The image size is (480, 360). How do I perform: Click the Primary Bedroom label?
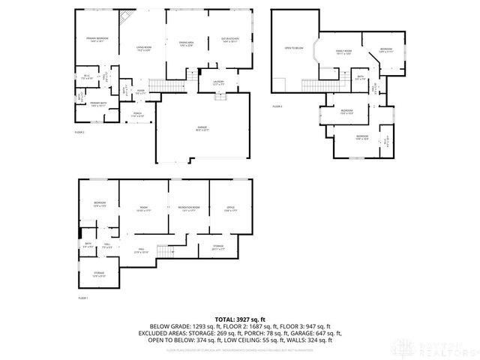pyautogui.click(x=97, y=38)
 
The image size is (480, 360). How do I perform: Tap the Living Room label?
pyautogui.click(x=144, y=49)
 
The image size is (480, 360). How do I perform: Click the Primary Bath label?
pyautogui.click(x=99, y=103)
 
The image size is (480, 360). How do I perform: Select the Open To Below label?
pyautogui.click(x=294, y=48)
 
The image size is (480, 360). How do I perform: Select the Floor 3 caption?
pyautogui.click(x=277, y=106)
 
